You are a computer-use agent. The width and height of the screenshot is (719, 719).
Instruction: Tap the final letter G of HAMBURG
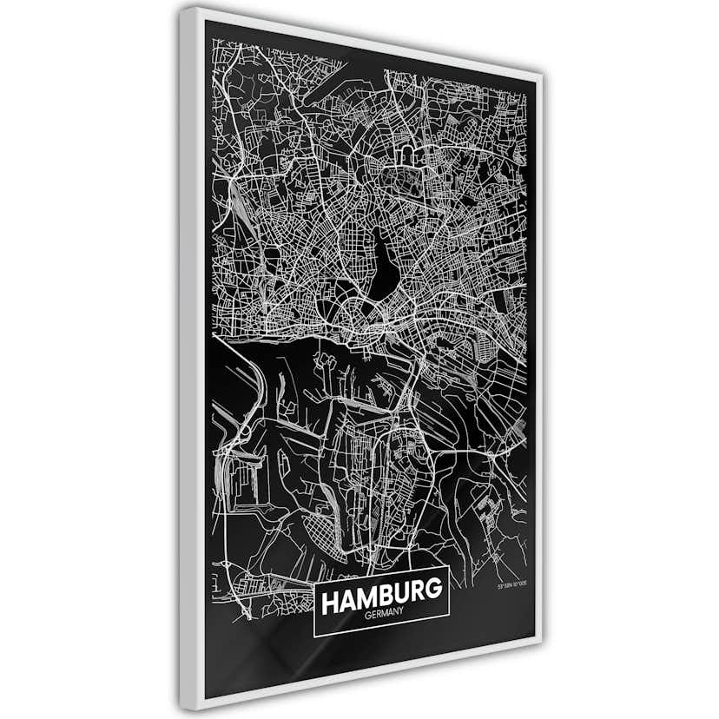coord(435,590)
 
